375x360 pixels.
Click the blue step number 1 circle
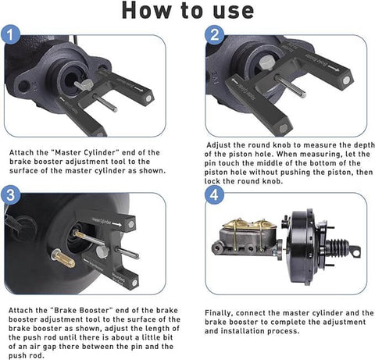[x=10, y=34]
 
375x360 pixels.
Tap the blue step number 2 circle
[x=214, y=34]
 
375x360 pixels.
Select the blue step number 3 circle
[x=10, y=194]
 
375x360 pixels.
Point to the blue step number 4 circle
[x=214, y=194]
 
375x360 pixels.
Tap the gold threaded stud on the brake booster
[x=63, y=258]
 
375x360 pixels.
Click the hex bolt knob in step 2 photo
[x=267, y=62]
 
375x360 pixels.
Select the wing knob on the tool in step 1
[x=84, y=84]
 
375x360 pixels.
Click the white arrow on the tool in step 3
[x=117, y=224]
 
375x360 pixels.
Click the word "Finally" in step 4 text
[x=219, y=313]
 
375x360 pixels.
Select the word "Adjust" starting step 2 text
[x=219, y=145]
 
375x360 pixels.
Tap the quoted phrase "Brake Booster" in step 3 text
[x=81, y=310]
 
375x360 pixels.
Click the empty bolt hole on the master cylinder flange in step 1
[x=24, y=86]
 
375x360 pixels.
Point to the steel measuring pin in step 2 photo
[x=291, y=86]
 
